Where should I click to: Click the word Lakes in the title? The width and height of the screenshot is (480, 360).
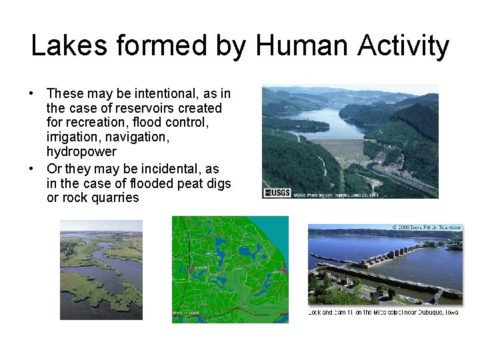click(x=66, y=46)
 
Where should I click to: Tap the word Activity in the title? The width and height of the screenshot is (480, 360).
click(x=403, y=46)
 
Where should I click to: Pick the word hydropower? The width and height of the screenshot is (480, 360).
click(x=81, y=152)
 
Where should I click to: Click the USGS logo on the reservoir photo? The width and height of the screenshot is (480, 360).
click(x=277, y=193)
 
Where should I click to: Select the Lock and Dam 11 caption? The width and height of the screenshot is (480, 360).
click(x=383, y=311)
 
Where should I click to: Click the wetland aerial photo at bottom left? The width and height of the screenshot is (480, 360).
click(x=101, y=270)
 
